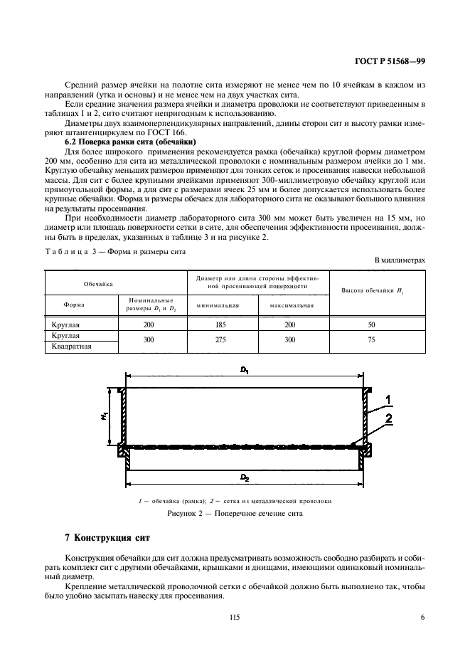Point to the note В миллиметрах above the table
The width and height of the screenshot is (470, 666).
[x=400, y=260]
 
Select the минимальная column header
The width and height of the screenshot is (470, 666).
[x=218, y=305]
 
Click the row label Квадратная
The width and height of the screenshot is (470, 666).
[x=73, y=347]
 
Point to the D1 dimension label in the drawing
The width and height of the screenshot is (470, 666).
[x=244, y=370]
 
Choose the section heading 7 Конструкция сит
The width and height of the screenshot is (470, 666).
[x=107, y=535]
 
